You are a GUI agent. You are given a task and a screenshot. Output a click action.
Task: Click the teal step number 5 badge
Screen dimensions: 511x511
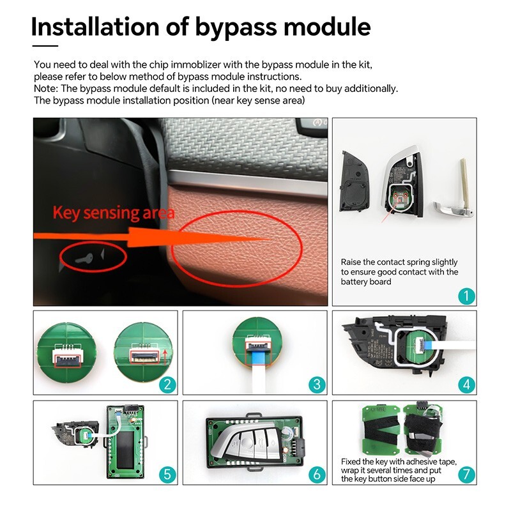pos(168,474)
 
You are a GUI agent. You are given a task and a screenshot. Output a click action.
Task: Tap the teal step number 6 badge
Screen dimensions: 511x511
pos(317,474)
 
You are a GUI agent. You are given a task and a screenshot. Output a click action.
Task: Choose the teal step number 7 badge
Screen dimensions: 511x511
pos(466,474)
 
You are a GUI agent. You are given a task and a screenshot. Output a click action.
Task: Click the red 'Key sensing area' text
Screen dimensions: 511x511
pos(112,211)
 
